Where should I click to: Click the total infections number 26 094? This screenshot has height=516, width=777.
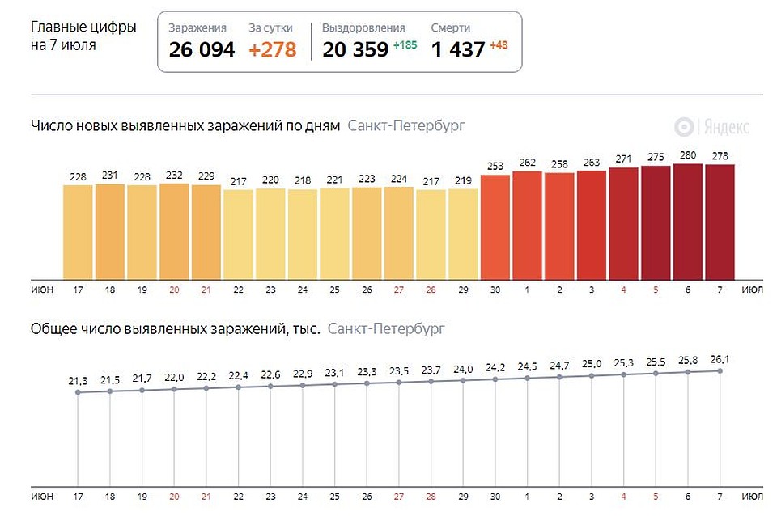click(202, 49)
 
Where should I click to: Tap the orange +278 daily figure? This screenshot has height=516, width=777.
click(273, 49)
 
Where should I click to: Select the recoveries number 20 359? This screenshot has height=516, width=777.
click(355, 49)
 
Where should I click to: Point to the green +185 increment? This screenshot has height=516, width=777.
click(405, 45)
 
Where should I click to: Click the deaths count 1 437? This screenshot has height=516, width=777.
click(458, 49)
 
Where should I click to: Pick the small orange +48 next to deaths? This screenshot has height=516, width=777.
click(499, 45)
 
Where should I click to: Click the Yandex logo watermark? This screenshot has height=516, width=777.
click(711, 127)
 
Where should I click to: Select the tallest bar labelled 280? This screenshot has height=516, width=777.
click(688, 222)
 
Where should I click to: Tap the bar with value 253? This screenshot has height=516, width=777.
click(495, 227)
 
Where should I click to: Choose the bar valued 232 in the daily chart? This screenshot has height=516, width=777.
click(174, 232)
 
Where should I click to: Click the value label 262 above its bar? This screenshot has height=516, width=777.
click(527, 163)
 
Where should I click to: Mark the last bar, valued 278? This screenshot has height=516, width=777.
click(720, 222)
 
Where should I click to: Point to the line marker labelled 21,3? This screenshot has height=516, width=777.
click(78, 392)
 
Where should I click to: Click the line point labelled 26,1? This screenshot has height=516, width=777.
click(720, 371)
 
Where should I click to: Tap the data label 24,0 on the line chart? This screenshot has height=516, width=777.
click(463, 370)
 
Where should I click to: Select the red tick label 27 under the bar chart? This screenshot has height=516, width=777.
click(399, 290)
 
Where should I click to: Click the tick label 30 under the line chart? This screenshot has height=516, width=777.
click(495, 497)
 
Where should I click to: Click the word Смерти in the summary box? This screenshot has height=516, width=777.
click(451, 27)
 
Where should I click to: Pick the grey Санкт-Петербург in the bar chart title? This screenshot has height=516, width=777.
click(406, 126)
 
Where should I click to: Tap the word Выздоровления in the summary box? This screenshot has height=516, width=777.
click(363, 28)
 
